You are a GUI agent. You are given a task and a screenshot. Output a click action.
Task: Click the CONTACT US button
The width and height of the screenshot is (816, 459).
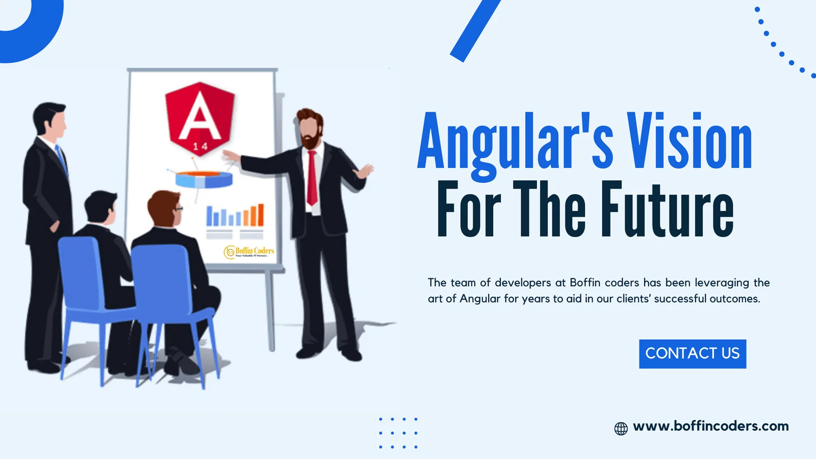692,353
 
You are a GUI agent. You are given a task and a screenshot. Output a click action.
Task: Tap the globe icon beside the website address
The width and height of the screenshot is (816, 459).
621,428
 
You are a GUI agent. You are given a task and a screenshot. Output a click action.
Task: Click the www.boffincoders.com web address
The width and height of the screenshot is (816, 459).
710,426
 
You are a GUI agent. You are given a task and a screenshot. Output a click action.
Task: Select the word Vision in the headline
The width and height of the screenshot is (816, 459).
689,141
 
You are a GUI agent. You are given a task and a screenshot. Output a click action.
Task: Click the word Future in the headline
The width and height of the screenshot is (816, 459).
667,210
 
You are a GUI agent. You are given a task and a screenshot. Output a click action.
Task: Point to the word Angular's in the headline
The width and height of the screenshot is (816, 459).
515,142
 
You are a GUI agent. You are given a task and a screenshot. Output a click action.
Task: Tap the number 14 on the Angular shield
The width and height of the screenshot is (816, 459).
200,147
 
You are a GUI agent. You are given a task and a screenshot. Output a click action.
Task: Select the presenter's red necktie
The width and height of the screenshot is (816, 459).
312,178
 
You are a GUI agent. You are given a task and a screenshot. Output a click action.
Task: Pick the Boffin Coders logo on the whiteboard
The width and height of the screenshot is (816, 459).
249,251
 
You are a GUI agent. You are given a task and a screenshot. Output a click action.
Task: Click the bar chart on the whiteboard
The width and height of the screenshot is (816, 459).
235,216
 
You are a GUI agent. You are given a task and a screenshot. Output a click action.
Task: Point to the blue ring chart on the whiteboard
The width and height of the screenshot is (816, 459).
204,179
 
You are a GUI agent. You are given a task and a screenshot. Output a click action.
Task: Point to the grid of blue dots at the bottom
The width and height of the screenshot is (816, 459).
398,433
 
